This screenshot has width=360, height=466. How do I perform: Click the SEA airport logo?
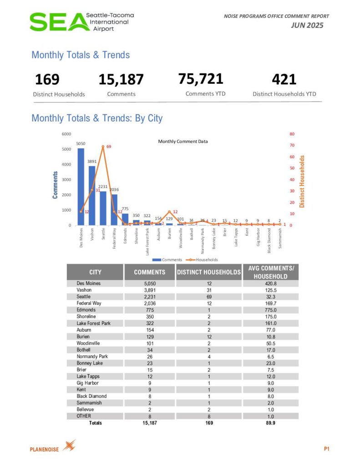coord(81,21)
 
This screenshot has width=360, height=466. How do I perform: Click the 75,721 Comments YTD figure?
coord(201,79)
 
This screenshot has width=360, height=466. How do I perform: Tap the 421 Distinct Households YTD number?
coord(284,80)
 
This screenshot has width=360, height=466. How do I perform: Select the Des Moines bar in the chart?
coord(81,187)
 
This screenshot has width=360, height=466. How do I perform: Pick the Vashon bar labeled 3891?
coord(92,196)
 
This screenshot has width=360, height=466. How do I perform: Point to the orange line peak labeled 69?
coord(103,147)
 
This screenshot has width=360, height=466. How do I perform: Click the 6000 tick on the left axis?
coord(66,134)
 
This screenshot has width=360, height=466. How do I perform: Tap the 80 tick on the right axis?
coord(292,134)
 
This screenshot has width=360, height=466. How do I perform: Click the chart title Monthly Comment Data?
coord(183,142)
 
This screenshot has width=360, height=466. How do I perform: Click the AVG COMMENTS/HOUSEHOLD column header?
coord(270,272)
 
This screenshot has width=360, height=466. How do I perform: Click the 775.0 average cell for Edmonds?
coord(270,310)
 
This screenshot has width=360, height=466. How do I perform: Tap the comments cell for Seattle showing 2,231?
coord(150,297)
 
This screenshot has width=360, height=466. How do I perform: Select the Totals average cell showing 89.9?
coord(270,423)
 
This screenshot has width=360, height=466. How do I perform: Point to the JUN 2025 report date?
coord(307,25)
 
